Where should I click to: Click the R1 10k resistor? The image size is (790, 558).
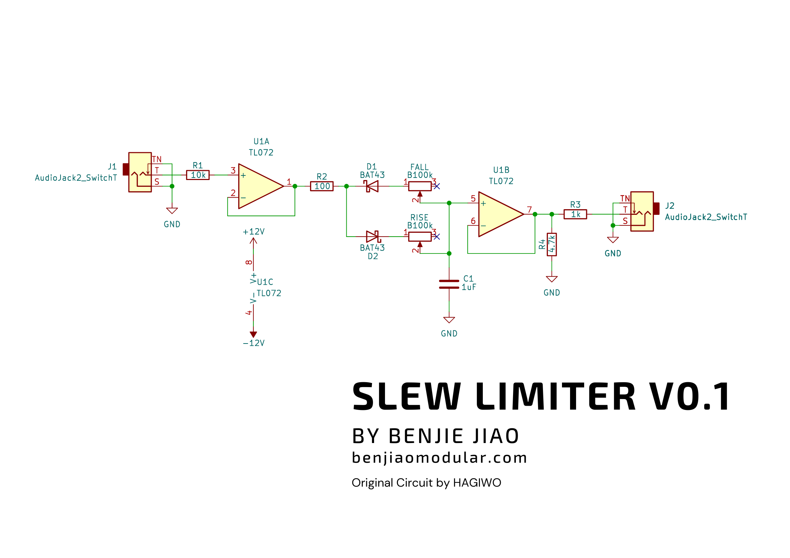pyautogui.click(x=198, y=175)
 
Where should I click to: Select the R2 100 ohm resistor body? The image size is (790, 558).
pyautogui.click(x=322, y=186)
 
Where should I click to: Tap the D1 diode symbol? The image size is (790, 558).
pyautogui.click(x=372, y=186)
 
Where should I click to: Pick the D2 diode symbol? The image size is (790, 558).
pyautogui.click(x=372, y=236)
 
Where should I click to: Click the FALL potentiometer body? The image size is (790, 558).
pyautogui.click(x=419, y=186)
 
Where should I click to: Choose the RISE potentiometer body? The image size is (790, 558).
pyautogui.click(x=419, y=236)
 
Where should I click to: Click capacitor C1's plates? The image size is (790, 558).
pyautogui.click(x=449, y=284)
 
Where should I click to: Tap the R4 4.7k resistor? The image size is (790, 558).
pyautogui.click(x=551, y=244)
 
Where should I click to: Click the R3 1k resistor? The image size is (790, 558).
pyautogui.click(x=575, y=214)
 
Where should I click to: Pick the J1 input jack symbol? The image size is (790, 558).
pyautogui.click(x=140, y=172)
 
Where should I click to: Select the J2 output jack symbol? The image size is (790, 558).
pyautogui.click(x=642, y=211)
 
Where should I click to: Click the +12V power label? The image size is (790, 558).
pyautogui.click(x=253, y=232)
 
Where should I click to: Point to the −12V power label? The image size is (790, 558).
pyautogui.click(x=253, y=343)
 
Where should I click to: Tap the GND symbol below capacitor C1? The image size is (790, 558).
pyautogui.click(x=449, y=320)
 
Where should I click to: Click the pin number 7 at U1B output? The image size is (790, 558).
pyautogui.click(x=529, y=210)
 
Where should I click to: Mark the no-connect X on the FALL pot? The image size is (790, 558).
pyautogui.click(x=437, y=186)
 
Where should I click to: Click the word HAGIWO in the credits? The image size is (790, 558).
pyautogui.click(x=477, y=483)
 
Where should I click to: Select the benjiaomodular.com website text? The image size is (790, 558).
pyautogui.click(x=439, y=457)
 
